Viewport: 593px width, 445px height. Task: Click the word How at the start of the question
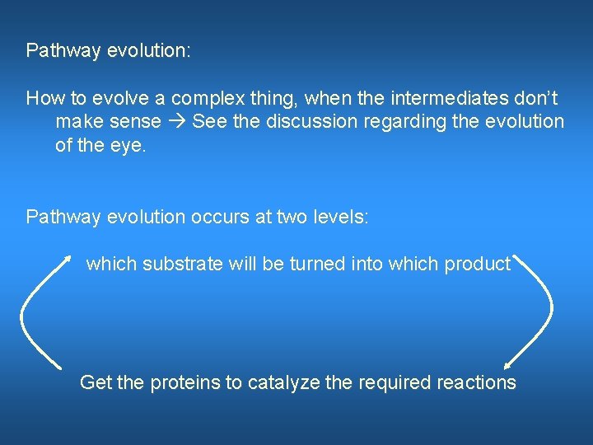click(43, 99)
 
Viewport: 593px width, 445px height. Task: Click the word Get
click(94, 382)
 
